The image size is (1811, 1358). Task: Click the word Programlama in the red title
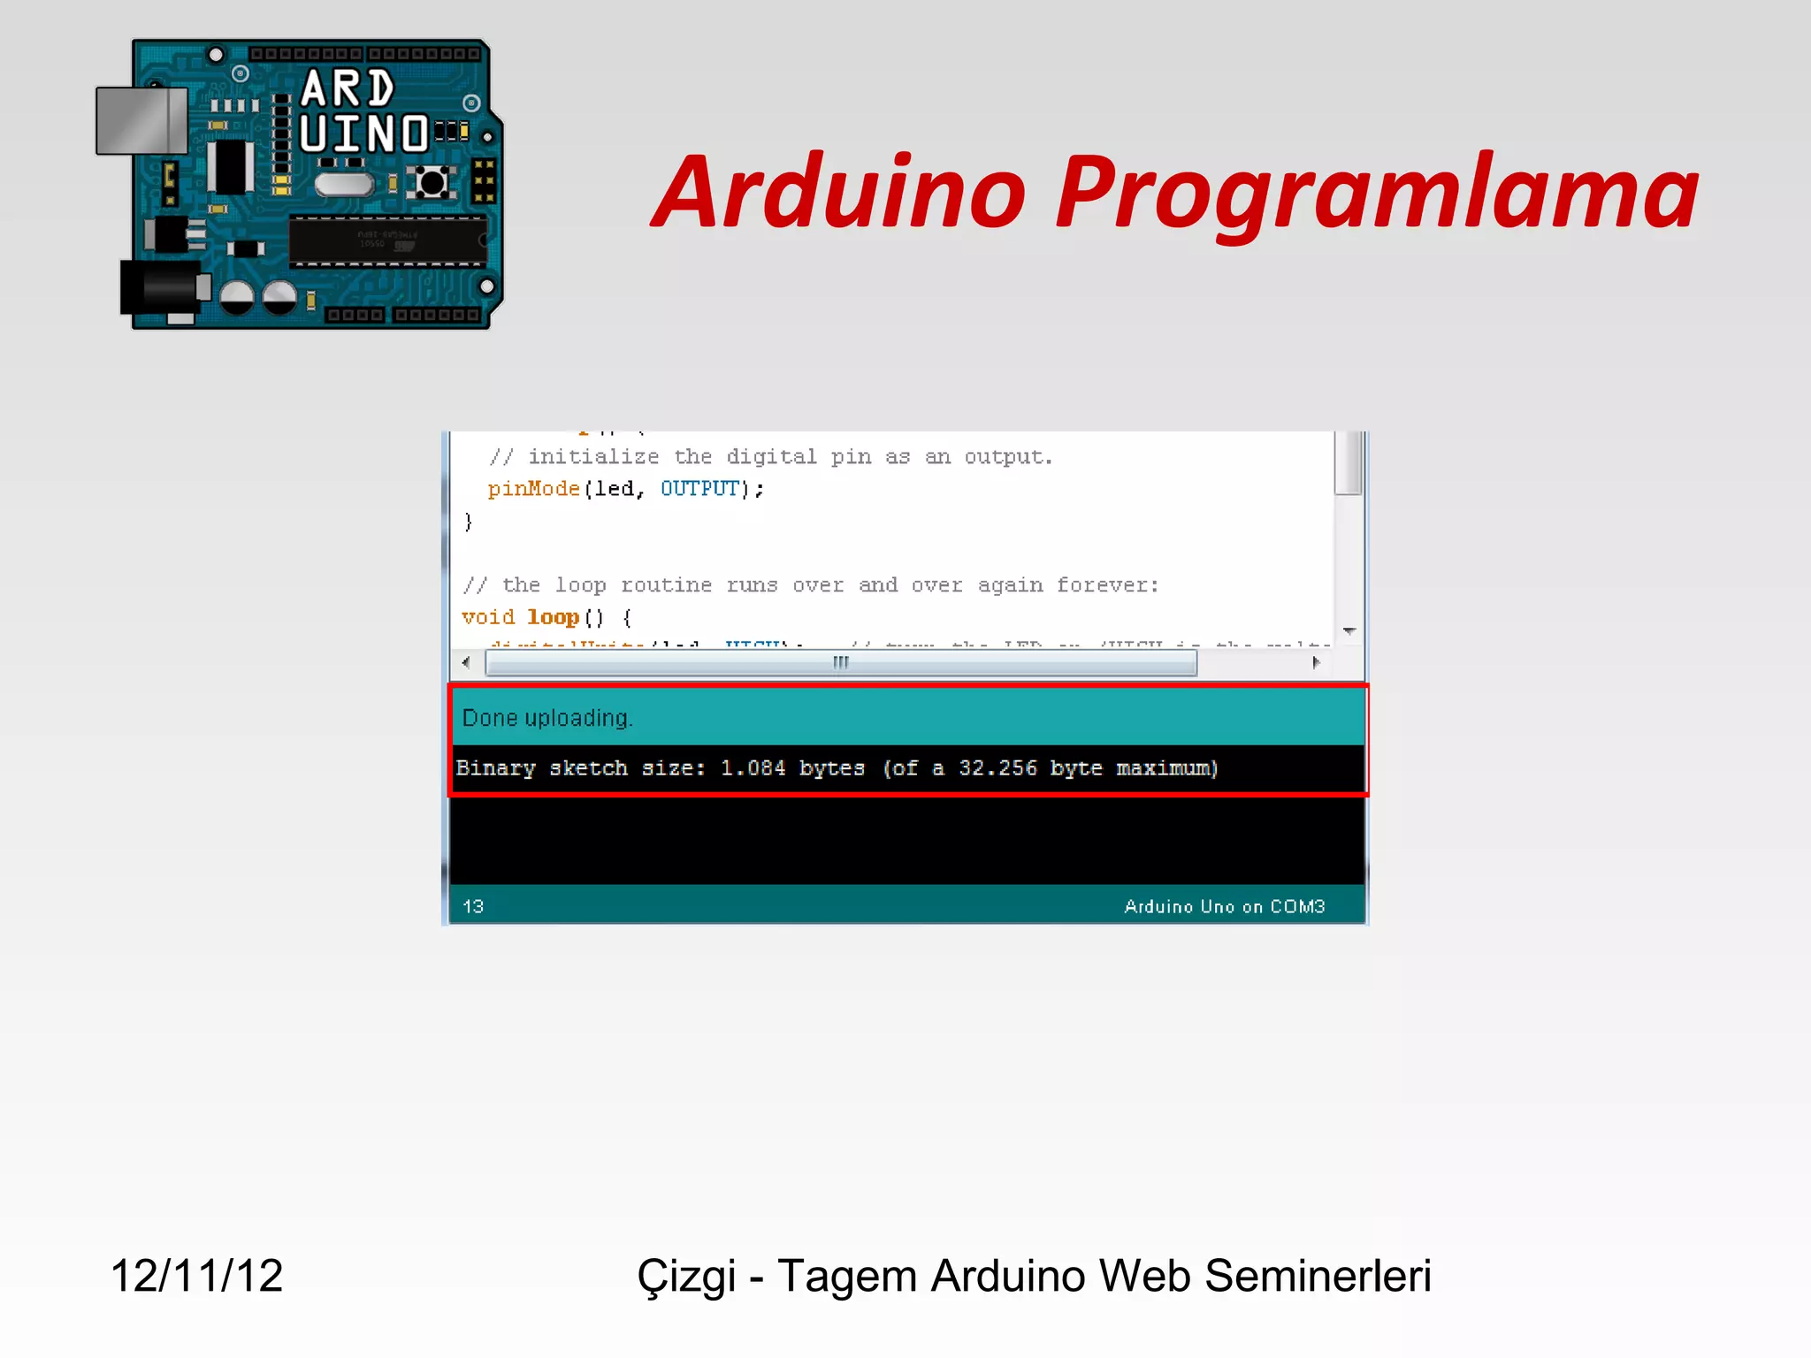point(1376,193)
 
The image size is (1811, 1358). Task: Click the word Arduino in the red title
point(838,193)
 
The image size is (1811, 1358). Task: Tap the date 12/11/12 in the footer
point(196,1276)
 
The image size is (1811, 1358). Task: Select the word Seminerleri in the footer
point(1318,1276)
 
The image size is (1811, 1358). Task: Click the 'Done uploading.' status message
point(547,718)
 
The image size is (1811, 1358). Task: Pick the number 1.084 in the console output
point(753,768)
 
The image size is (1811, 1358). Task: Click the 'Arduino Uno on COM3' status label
point(1224,906)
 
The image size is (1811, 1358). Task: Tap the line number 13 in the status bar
point(473,906)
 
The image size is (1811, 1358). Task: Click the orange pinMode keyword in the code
point(533,489)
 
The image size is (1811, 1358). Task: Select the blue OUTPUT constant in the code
point(699,489)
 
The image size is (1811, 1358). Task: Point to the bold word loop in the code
point(553,617)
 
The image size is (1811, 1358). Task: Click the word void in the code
point(487,617)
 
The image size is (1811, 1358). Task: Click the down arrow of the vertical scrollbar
point(1349,631)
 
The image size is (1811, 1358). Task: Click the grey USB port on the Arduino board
point(141,120)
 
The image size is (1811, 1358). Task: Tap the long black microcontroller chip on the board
point(387,240)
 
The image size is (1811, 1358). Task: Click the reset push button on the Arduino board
point(432,183)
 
